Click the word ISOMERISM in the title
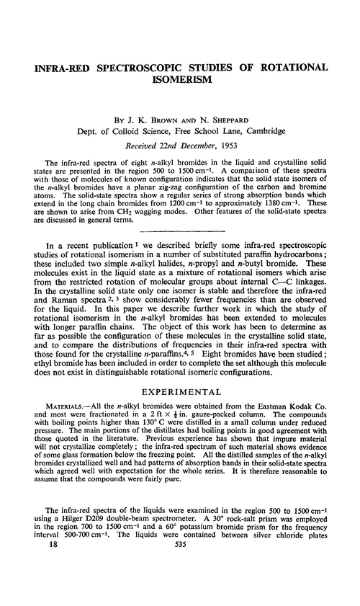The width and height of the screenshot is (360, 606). [180, 81]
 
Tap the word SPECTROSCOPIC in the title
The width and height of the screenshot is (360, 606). [153, 67]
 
